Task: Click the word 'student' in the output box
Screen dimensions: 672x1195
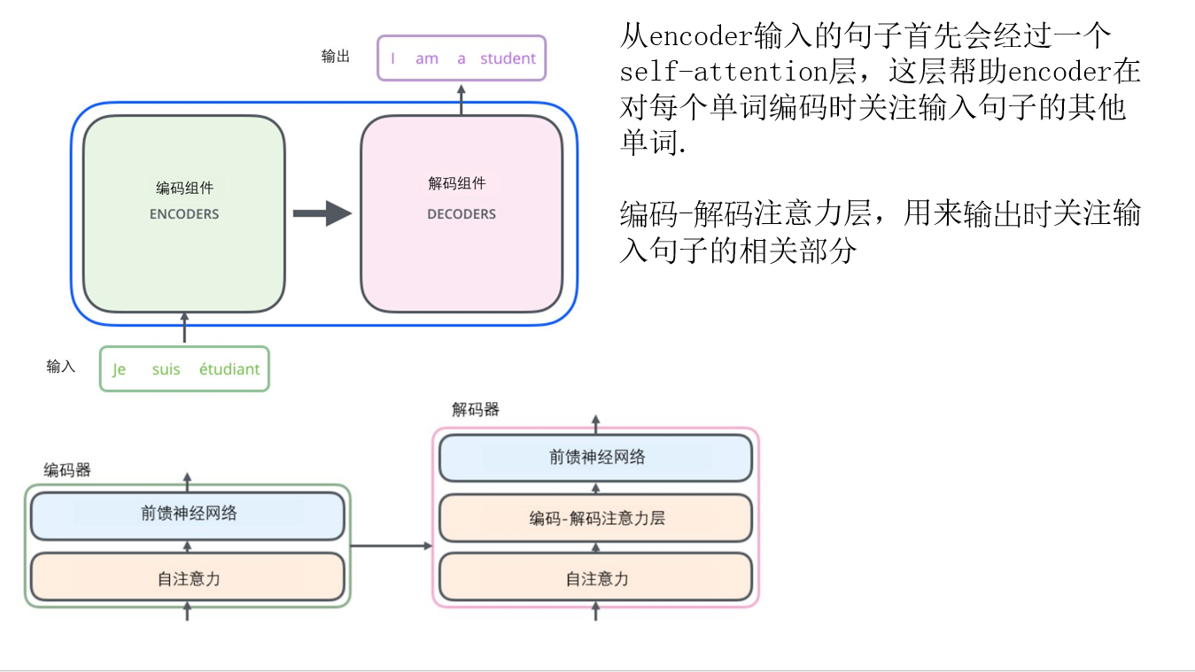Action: [x=508, y=58]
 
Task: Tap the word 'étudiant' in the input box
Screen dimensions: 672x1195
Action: [x=229, y=369]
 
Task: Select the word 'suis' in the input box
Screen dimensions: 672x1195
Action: [x=166, y=369]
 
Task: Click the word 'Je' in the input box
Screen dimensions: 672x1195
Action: [x=119, y=369]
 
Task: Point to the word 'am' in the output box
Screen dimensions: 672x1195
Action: [x=427, y=58]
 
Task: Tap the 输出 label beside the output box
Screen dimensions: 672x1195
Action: [x=336, y=57]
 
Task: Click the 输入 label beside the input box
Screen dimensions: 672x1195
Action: [x=61, y=367]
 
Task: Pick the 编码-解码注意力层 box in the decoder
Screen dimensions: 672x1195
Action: [x=596, y=518]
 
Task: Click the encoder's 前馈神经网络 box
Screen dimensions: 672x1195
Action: [x=188, y=514]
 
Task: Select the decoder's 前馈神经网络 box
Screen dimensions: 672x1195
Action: [x=596, y=458]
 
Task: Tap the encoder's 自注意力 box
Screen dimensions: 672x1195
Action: [x=188, y=578]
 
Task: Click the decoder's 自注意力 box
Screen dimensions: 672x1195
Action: [x=596, y=578]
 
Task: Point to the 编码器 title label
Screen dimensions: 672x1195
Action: [x=67, y=470]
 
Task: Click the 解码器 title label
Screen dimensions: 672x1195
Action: [x=476, y=409]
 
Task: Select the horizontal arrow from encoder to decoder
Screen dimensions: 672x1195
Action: [x=391, y=545]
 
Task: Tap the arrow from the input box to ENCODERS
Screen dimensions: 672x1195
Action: [x=184, y=328]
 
